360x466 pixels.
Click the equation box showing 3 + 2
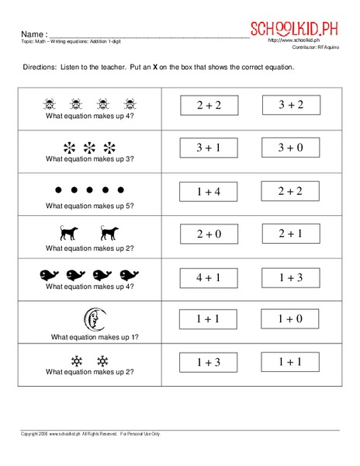tap(292, 105)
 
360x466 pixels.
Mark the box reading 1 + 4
tap(209, 190)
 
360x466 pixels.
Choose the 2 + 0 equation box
tap(209, 233)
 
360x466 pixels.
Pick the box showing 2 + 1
tap(292, 233)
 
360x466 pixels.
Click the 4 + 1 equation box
tap(209, 276)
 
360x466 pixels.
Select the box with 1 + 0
tap(292, 318)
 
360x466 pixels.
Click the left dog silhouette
tap(68, 231)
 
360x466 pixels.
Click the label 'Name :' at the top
tap(34, 35)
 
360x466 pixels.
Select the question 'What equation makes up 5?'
tap(91, 206)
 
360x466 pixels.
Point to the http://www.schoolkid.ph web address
tap(294, 40)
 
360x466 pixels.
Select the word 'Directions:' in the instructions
tap(40, 68)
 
